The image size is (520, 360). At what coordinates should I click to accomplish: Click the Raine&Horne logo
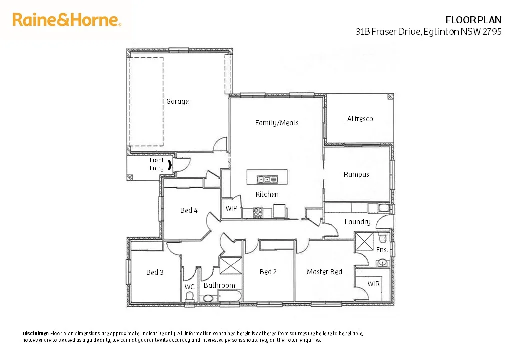point(67,20)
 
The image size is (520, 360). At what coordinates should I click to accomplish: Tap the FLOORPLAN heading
point(473,20)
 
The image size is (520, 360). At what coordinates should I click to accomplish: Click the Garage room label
point(177,101)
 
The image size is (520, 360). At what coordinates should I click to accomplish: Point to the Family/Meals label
point(276,122)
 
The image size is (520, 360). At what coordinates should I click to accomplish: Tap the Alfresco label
point(360,119)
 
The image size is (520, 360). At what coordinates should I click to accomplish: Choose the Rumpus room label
point(356,174)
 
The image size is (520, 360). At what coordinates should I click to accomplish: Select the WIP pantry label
point(231,208)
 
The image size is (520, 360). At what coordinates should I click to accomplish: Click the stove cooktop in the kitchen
point(258,213)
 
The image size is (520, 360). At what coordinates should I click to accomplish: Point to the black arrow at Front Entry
point(170,165)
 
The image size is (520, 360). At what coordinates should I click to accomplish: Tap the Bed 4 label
point(189,210)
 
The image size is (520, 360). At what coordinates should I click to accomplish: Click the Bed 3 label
point(155,272)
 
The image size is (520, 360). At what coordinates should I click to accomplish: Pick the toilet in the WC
point(189,296)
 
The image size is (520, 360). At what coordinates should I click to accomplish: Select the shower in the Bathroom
point(230,265)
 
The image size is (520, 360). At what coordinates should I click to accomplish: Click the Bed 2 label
point(268,272)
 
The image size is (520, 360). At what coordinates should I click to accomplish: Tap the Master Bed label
point(324,272)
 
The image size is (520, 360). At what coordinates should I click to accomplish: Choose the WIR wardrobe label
point(373,284)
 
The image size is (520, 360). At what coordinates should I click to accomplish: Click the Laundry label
point(357,221)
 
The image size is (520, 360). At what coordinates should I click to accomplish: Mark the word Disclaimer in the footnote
point(36,333)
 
